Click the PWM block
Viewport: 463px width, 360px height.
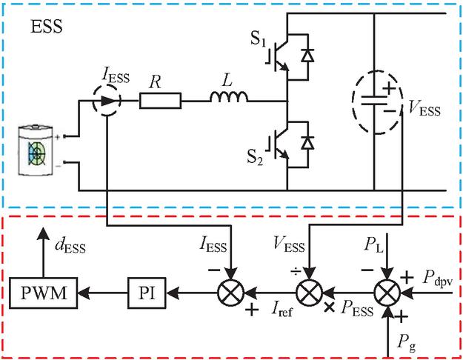click(44, 293)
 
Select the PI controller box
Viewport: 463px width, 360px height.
click(147, 293)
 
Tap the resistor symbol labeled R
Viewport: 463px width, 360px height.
click(160, 101)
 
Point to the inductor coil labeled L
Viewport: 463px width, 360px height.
click(229, 97)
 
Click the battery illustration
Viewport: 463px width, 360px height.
click(36, 150)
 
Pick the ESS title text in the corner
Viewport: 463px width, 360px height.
click(47, 27)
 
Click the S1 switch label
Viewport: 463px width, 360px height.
click(259, 39)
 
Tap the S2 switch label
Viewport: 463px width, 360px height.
click(255, 158)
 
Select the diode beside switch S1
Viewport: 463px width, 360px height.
click(307, 56)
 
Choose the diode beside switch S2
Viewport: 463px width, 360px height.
click(307, 143)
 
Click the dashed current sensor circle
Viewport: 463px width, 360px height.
click(107, 100)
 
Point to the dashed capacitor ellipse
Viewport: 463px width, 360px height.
click(377, 102)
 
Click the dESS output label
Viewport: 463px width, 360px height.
click(70, 246)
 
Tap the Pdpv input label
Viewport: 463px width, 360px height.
click(437, 279)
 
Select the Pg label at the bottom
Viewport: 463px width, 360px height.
click(406, 343)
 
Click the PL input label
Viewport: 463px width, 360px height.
click(374, 245)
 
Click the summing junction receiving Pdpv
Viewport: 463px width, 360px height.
click(387, 293)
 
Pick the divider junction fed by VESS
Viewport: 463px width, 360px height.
click(309, 293)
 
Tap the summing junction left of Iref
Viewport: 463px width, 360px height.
click(231, 293)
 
